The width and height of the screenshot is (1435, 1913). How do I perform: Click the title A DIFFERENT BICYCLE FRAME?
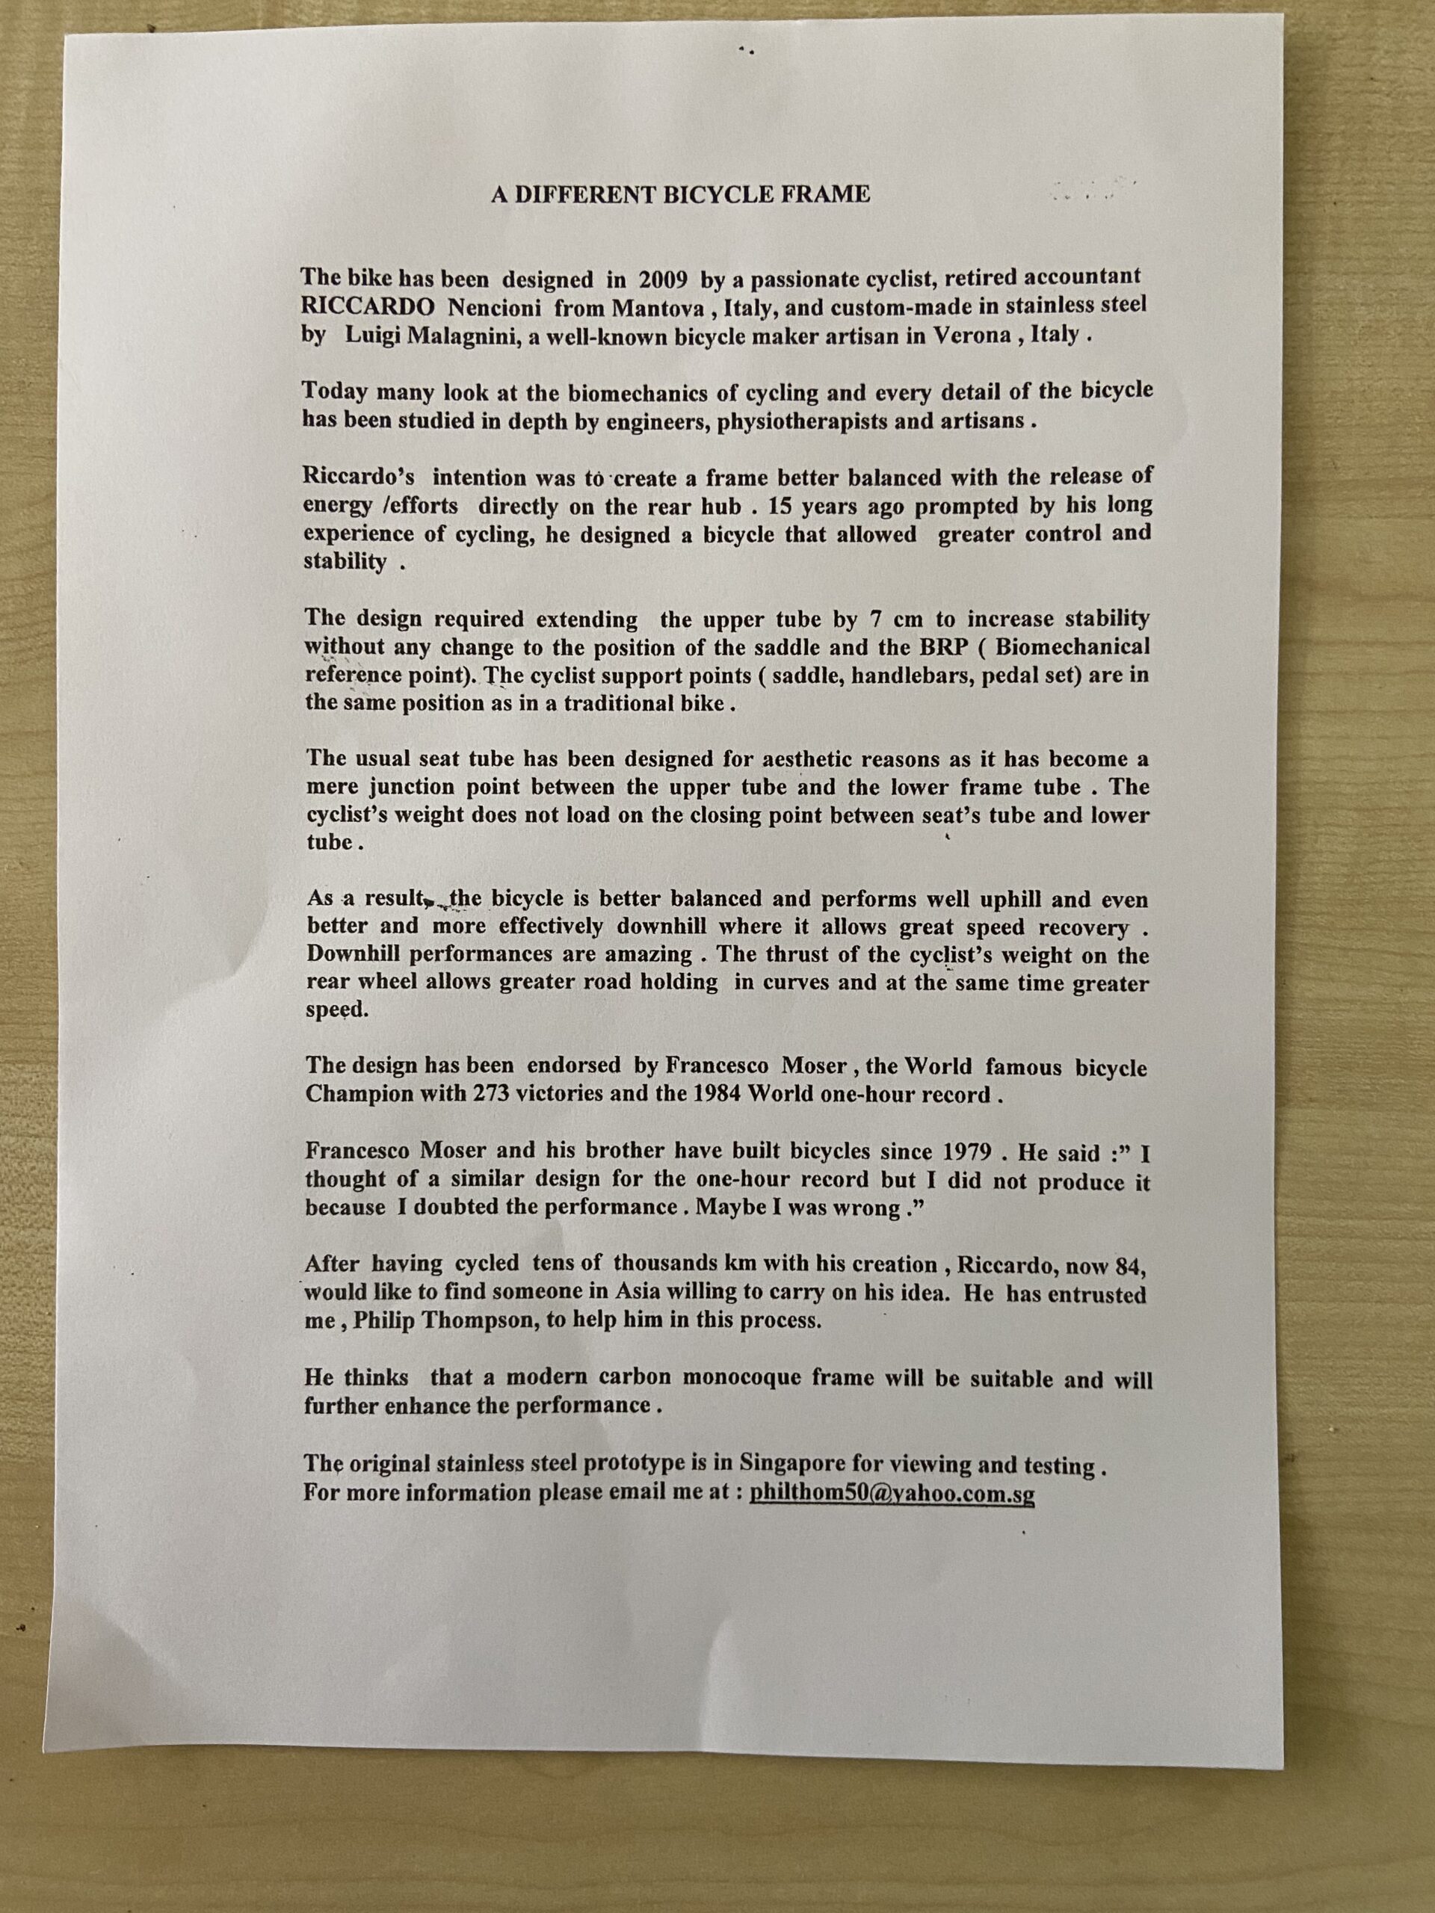point(680,194)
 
